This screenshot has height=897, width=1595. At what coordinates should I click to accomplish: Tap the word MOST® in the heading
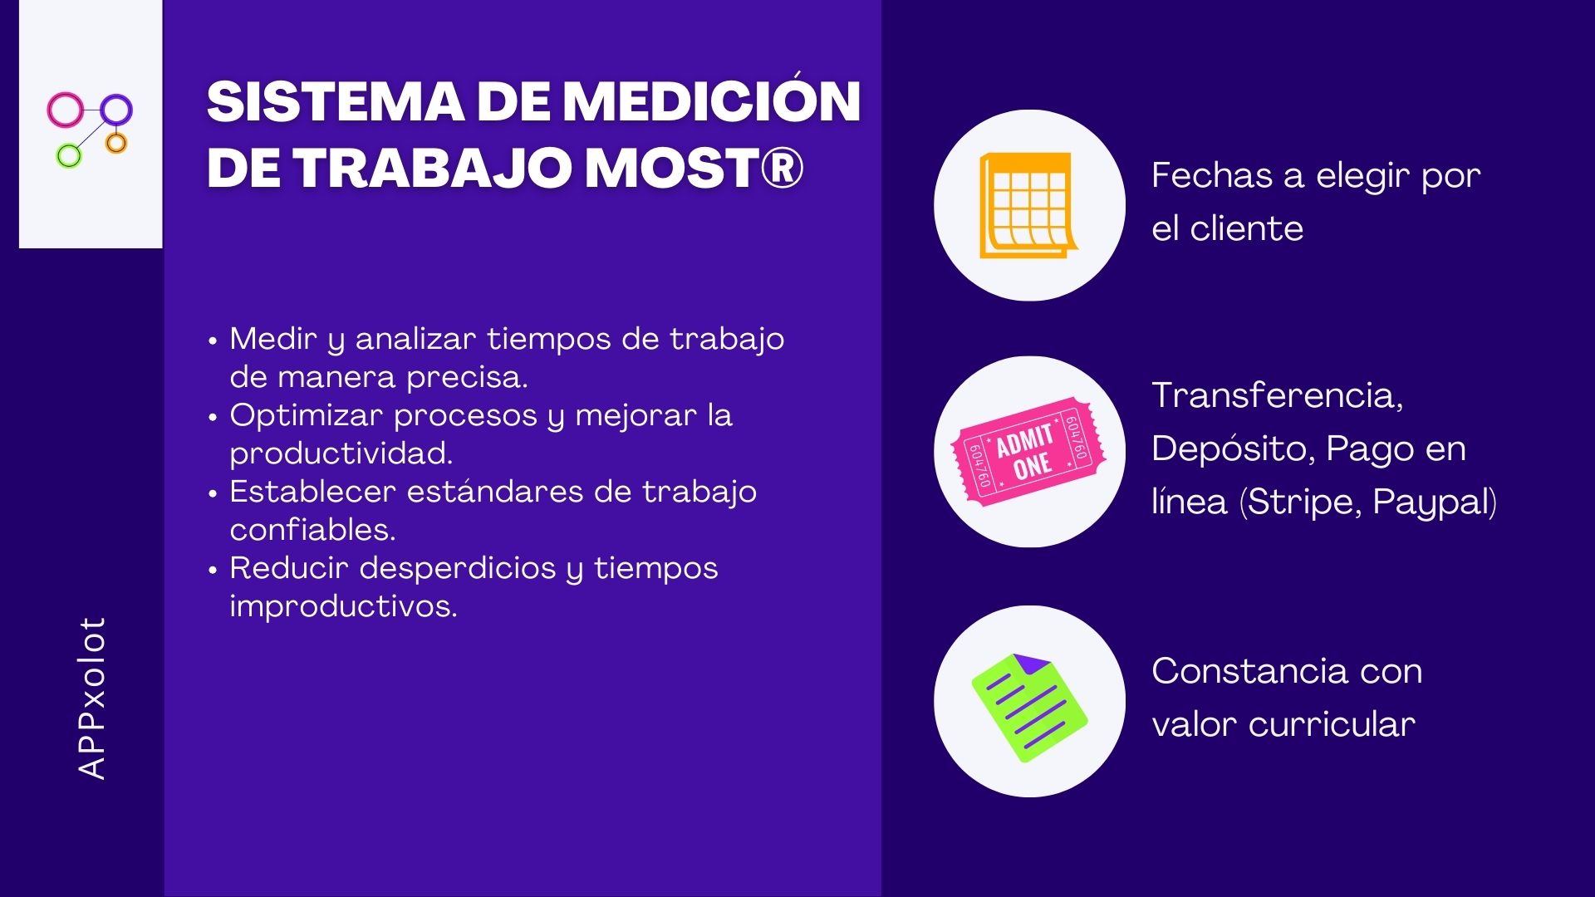click(694, 167)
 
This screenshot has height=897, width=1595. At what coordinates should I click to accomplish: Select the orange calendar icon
click(1028, 205)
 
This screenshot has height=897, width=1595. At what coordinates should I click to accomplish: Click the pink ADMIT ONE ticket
click(1028, 451)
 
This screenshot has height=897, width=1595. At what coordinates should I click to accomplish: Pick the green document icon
click(1029, 707)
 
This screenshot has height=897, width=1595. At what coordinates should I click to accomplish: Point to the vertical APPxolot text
click(91, 698)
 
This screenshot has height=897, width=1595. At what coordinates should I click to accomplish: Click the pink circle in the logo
click(66, 110)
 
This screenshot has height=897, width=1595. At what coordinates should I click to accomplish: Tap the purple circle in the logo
click(116, 109)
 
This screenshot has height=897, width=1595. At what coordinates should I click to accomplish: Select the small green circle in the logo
click(69, 155)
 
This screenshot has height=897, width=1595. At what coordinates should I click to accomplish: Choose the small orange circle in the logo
click(116, 143)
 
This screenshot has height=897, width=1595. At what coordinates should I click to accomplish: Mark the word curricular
click(1332, 724)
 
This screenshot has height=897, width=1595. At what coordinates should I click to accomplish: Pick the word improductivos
click(343, 606)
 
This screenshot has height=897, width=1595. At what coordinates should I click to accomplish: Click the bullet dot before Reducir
click(213, 570)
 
